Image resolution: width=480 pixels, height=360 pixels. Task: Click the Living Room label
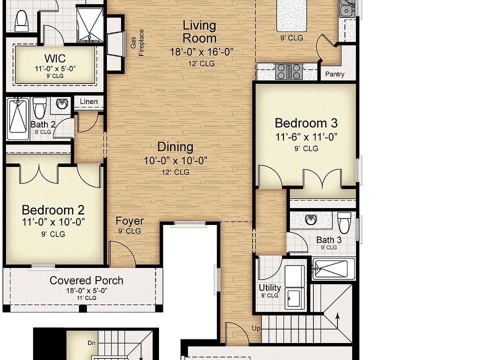coord(199,31)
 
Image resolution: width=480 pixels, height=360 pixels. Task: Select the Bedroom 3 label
coord(306,123)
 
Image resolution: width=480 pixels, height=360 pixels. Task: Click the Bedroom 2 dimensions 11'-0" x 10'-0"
coord(53,222)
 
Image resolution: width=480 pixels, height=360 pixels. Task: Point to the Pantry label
coord(334,74)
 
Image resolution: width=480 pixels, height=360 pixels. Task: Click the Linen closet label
coord(89,102)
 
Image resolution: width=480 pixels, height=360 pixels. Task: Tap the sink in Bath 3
coord(310,219)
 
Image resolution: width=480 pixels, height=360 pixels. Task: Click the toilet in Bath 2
coord(39,106)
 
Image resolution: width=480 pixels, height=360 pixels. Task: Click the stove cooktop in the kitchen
coord(288,71)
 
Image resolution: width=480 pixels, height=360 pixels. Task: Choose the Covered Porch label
coord(86,280)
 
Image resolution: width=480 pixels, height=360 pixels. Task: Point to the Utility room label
coord(269,288)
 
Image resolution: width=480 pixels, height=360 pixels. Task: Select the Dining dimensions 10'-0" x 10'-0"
coord(175,160)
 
